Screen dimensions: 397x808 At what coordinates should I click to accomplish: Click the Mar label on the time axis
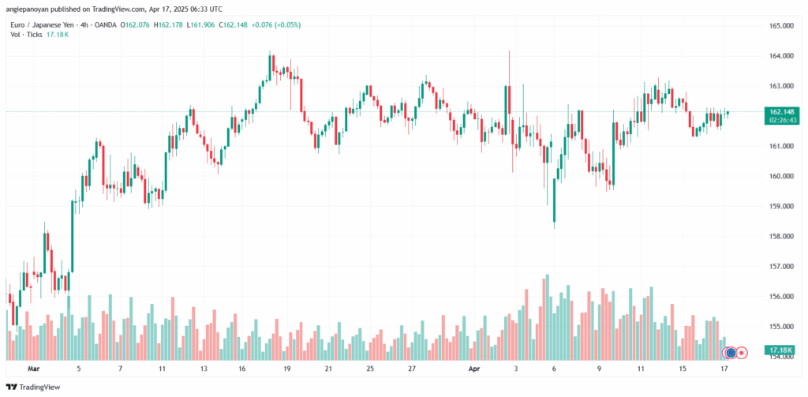pyautogui.click(x=33, y=369)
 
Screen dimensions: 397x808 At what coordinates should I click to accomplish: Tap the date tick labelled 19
pyautogui.click(x=287, y=369)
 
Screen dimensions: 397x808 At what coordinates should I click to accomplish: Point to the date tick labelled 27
pyautogui.click(x=412, y=369)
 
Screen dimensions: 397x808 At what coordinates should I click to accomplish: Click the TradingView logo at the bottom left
pyautogui.click(x=36, y=387)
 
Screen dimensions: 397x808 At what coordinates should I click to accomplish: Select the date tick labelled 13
pyautogui.click(x=203, y=369)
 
